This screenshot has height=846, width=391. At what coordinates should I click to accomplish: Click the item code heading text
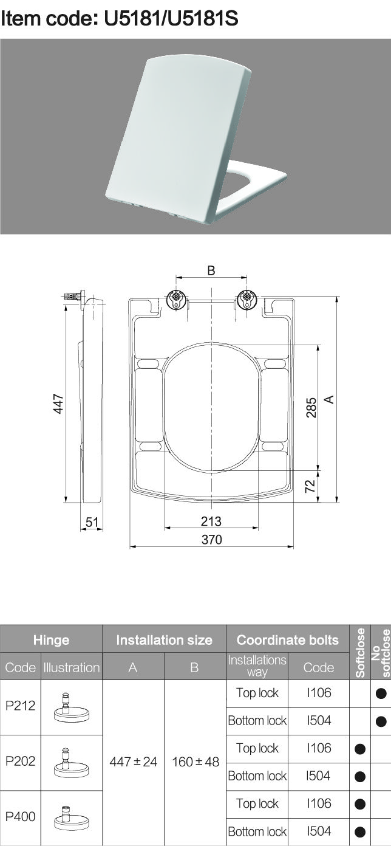click(x=120, y=18)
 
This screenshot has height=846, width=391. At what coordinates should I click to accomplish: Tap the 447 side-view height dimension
click(x=58, y=404)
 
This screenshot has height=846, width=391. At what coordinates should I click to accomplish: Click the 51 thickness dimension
click(x=92, y=522)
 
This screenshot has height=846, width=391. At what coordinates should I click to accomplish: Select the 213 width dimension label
click(x=211, y=521)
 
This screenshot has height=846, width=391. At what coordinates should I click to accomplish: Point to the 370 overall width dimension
click(x=211, y=539)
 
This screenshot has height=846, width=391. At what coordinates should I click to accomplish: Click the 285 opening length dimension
click(x=311, y=408)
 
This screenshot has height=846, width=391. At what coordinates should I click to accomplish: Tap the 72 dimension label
click(x=310, y=486)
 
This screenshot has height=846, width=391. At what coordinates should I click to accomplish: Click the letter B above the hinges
click(x=211, y=270)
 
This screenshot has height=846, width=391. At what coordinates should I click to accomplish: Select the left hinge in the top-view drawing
click(x=176, y=301)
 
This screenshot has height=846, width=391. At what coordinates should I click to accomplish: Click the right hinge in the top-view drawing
click(x=247, y=301)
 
